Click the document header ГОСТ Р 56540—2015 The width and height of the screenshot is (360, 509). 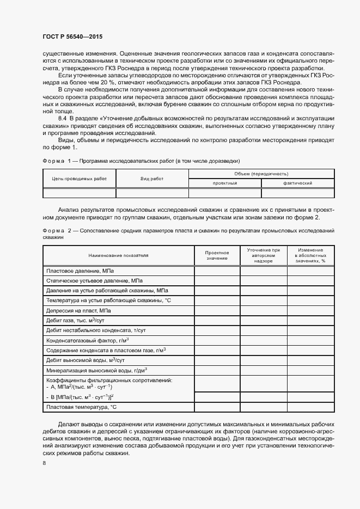[72, 36]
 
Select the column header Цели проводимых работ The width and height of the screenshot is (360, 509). [80, 178]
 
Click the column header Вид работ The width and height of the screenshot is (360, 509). [152, 178]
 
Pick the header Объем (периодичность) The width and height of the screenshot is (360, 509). [261, 173]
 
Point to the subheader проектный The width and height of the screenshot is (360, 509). [224, 183]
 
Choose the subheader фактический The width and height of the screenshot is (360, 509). [297, 183]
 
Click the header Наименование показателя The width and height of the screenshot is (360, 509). [119, 255]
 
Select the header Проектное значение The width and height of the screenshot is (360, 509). [217, 255]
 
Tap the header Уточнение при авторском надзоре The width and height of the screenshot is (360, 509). [263, 255]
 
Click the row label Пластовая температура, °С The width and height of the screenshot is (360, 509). [82, 407]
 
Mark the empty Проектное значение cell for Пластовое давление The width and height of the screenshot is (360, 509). [217, 271]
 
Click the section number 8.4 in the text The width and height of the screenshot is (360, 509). [62, 118]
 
